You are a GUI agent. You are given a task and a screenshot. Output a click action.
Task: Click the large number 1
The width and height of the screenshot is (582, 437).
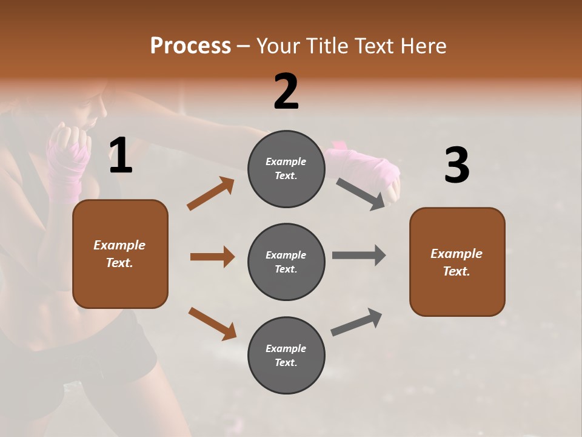(x=121, y=156)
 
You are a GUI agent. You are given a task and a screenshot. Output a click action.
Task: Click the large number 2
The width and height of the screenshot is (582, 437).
(x=286, y=92)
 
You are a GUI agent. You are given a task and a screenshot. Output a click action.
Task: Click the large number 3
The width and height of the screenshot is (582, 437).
(x=457, y=166)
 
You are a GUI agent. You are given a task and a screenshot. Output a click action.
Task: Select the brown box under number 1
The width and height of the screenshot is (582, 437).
(x=120, y=254)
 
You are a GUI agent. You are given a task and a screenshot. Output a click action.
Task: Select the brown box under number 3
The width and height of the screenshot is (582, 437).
(x=457, y=262)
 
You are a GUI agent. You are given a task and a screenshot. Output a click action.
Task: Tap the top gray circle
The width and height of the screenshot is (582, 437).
(x=286, y=169)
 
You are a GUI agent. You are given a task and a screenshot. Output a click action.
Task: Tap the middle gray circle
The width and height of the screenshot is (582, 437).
(x=286, y=262)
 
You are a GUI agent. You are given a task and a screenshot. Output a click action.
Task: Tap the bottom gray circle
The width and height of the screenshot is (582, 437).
(x=286, y=355)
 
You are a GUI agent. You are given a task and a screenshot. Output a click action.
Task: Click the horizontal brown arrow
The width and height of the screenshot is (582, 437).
(x=212, y=257)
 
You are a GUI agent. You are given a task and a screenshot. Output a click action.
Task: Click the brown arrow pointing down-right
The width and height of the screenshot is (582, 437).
(x=212, y=323)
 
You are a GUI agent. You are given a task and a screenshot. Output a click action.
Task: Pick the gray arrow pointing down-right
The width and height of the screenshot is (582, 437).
(x=361, y=194)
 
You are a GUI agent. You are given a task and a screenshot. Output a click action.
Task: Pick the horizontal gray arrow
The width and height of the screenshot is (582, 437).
(x=359, y=255)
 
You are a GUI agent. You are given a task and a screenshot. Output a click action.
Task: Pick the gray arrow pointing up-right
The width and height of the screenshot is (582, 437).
(x=356, y=322)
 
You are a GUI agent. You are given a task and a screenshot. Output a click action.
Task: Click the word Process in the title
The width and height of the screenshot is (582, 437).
(x=190, y=46)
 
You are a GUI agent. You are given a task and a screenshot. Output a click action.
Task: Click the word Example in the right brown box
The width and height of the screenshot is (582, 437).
(x=457, y=254)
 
